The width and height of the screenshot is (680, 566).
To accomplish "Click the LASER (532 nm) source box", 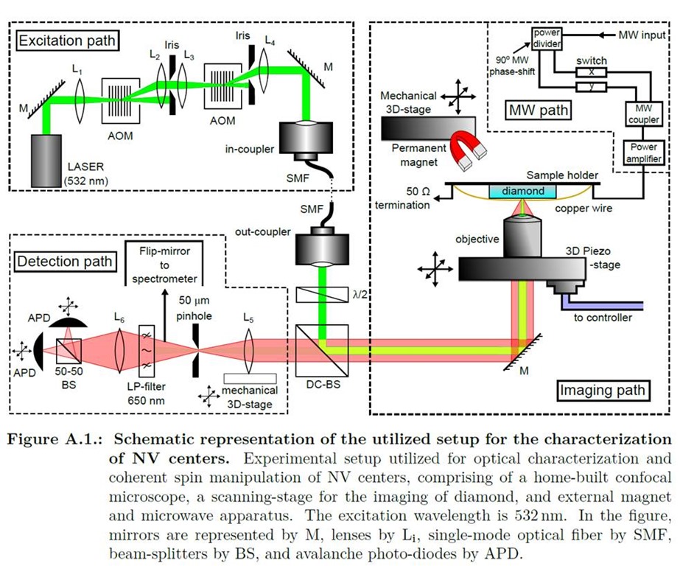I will click(x=48, y=159).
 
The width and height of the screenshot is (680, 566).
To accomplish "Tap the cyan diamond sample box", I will click(x=523, y=192).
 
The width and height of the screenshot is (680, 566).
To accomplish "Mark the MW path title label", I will click(x=539, y=111).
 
